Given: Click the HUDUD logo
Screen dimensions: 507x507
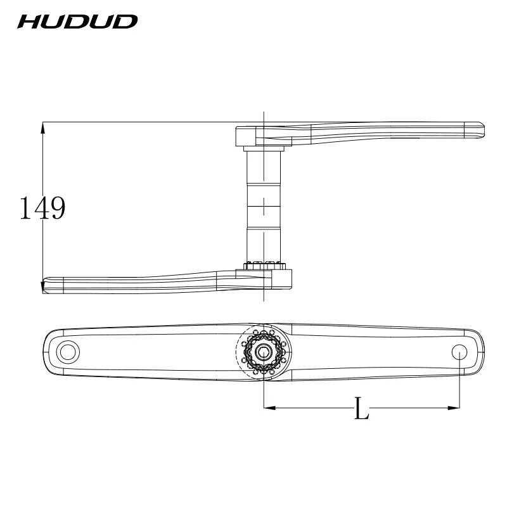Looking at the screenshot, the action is tap(77, 22).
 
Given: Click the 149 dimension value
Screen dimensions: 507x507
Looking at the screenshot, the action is tap(42, 208).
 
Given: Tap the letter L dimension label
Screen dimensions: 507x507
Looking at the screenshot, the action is tap(361, 408).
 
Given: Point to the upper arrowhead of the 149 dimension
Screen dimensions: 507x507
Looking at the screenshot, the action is tap(42, 128).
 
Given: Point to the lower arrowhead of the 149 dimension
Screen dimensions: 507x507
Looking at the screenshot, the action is tap(42, 288).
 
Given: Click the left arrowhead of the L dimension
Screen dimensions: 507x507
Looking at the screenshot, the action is tap(270, 408).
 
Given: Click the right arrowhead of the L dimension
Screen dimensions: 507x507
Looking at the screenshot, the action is tap(454, 408).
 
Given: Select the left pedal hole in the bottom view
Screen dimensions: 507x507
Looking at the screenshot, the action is tap(68, 352).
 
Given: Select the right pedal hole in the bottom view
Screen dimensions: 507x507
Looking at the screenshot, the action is tap(459, 352).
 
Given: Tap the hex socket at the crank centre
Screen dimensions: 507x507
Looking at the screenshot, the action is tap(264, 352).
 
